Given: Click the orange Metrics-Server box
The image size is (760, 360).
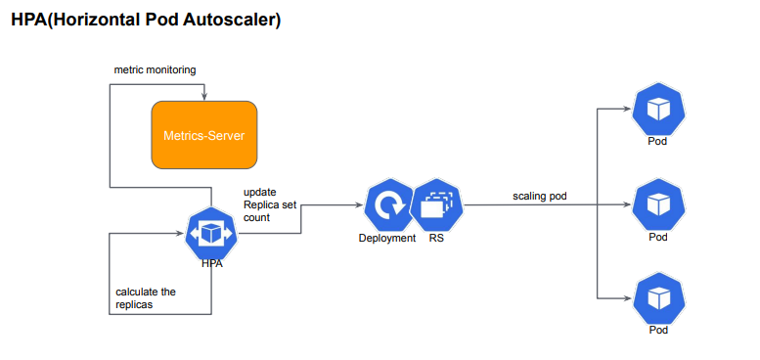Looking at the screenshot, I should [203, 134].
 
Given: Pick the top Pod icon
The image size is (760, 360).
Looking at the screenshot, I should [658, 110].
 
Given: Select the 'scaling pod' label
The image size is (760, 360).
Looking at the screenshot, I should [540, 197].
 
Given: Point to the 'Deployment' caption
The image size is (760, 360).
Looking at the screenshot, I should [386, 238].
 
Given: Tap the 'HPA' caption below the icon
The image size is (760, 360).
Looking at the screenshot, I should [211, 264].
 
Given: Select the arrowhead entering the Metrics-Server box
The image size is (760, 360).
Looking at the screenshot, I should [203, 97].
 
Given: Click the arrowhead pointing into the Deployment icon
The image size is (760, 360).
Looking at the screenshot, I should [358, 205].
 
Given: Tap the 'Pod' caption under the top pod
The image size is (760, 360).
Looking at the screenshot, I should [658, 142].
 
